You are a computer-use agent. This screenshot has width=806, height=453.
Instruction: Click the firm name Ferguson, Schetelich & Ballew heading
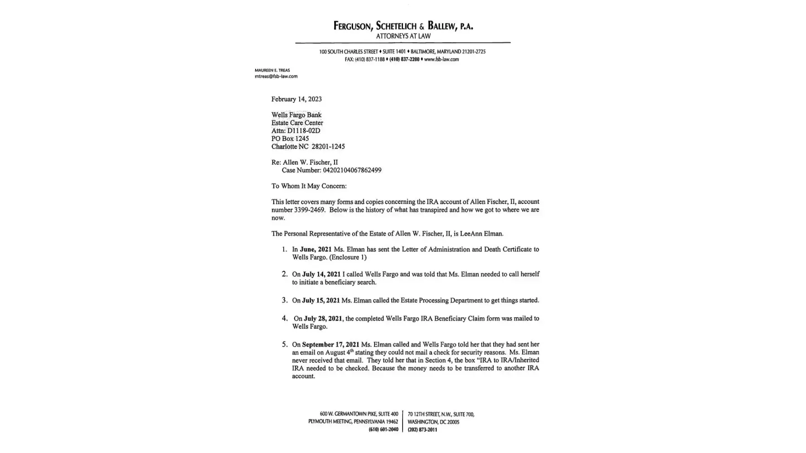(x=403, y=26)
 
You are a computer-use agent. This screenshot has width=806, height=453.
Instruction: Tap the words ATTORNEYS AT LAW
(x=403, y=36)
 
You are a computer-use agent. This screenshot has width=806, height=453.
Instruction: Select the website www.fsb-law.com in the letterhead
(x=441, y=59)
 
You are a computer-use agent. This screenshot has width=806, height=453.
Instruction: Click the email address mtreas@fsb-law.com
(x=276, y=77)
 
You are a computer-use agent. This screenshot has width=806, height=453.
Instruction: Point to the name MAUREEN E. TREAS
(x=272, y=70)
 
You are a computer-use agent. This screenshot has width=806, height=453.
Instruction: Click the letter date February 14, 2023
(x=296, y=99)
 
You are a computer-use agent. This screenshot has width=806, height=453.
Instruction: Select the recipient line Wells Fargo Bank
(x=296, y=115)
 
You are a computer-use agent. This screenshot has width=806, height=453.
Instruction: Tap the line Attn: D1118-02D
(x=296, y=131)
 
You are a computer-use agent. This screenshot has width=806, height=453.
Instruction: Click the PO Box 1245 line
(x=290, y=139)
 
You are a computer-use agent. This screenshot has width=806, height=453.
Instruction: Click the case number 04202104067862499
(x=352, y=170)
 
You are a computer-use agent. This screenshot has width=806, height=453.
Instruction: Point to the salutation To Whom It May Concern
(x=309, y=186)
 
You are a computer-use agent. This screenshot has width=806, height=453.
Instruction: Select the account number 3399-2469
(x=309, y=210)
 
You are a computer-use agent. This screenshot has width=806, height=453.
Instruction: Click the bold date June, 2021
(x=316, y=250)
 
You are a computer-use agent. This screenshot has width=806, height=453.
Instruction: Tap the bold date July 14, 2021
(x=321, y=275)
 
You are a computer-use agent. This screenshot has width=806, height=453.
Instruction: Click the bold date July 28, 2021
(x=323, y=319)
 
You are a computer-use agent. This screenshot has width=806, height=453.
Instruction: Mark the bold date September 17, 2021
(x=331, y=345)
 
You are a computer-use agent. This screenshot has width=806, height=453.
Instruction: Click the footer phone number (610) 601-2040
(x=383, y=430)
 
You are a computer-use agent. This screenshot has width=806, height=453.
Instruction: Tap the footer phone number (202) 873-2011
(x=422, y=430)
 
